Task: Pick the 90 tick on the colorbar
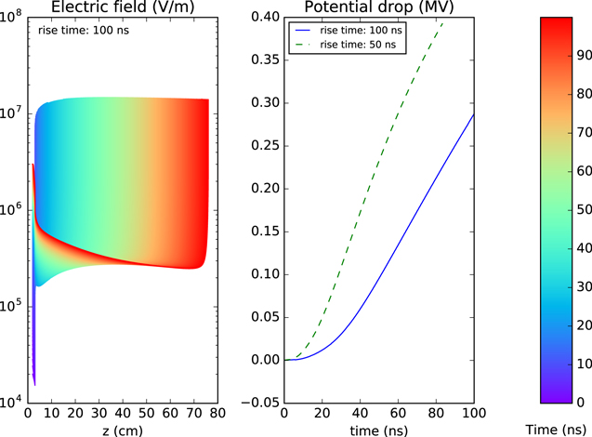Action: (x=581, y=55)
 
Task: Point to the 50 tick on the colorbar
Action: (x=581, y=209)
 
